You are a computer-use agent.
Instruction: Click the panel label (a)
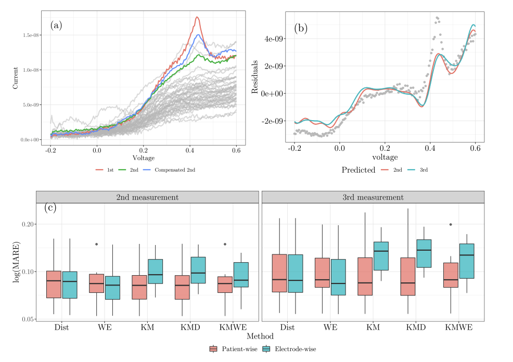click(56, 25)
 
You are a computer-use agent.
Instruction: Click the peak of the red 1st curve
click(197, 17)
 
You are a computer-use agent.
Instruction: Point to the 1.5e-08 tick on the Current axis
click(30, 35)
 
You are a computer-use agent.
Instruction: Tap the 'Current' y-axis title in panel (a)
click(16, 77)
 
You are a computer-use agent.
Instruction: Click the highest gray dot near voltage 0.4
click(437, 18)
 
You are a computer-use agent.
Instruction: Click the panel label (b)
click(301, 29)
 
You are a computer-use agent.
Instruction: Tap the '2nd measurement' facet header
click(147, 197)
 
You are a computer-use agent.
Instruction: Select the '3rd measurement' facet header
click(373, 197)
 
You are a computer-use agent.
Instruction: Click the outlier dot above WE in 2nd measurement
click(97, 244)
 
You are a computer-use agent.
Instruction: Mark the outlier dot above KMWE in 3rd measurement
click(451, 225)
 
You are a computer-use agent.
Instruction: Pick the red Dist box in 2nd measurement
click(54, 284)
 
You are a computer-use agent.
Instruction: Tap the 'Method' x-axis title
click(260, 337)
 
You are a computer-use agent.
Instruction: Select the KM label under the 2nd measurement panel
click(147, 328)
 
